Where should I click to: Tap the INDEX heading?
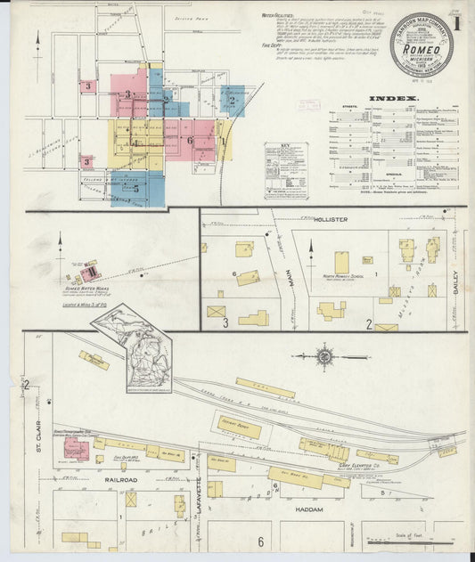click(393, 98)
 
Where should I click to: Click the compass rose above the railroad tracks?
click(326, 357)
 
